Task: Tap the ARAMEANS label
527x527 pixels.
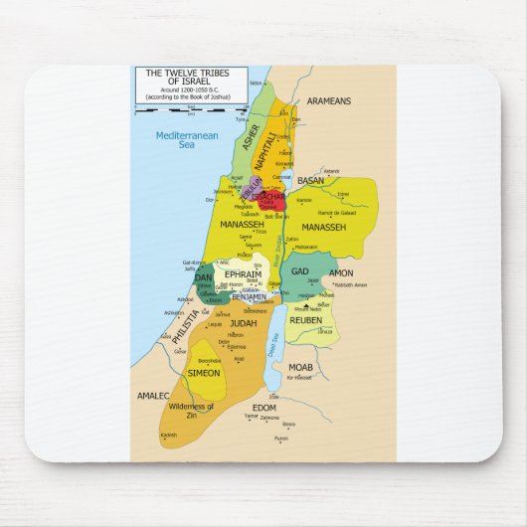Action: pos(328,101)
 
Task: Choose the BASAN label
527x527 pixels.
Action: pos(311,181)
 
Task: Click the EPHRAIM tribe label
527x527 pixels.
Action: pos(243,273)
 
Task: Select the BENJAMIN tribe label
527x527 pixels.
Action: pos(249,296)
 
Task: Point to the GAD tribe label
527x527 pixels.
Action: pos(301,271)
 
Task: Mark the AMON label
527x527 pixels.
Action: pos(341,272)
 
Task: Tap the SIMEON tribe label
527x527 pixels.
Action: pos(204,373)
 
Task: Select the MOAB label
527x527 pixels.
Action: pos(301,367)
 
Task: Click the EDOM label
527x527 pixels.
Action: pos(264,408)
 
